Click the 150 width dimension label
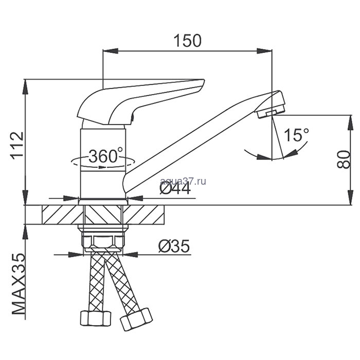point(188,41)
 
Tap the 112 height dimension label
point(17,146)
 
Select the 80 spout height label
point(344,159)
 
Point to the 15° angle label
point(296,135)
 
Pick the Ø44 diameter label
point(175,189)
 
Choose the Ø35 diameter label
point(174,246)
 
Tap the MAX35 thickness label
point(18,283)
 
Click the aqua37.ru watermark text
point(183,181)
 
